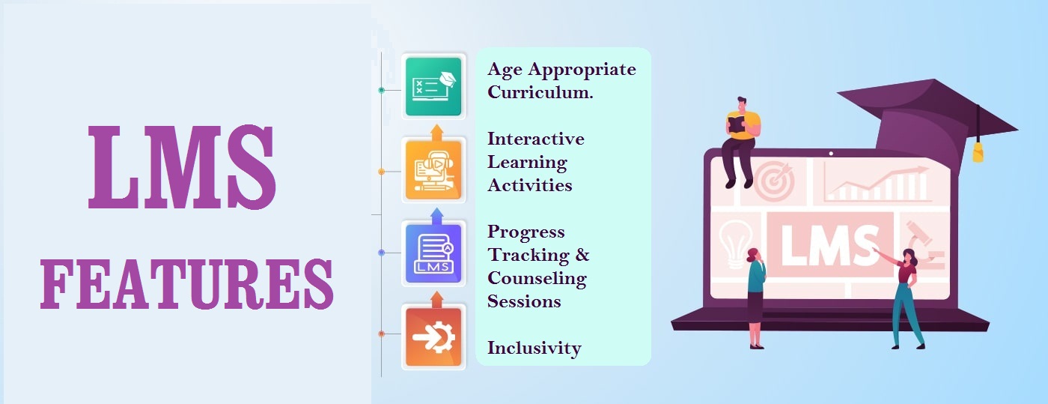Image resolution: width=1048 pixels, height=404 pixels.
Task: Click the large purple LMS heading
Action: tap(182, 166)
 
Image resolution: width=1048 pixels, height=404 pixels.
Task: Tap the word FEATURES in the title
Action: tap(186, 285)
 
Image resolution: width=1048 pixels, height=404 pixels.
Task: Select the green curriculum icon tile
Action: tap(433, 86)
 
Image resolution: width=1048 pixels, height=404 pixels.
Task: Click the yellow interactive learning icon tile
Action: tap(433, 169)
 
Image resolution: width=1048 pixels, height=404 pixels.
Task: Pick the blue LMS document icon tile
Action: tap(433, 253)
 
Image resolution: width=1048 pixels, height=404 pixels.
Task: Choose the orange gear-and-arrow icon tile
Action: tap(433, 337)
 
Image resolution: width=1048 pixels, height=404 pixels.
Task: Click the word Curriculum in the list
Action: tap(540, 92)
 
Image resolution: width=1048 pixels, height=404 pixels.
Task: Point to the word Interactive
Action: tap(536, 139)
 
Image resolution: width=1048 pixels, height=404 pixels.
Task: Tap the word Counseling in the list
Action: tap(537, 278)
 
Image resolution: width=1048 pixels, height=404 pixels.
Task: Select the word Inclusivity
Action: tap(534, 349)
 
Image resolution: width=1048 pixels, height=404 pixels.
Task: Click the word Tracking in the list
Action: tap(528, 256)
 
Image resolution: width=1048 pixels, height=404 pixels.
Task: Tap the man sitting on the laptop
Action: tap(740, 142)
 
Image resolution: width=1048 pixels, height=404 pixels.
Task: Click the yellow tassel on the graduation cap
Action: tap(978, 152)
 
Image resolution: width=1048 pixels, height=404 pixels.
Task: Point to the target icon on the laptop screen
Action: tap(774, 181)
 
